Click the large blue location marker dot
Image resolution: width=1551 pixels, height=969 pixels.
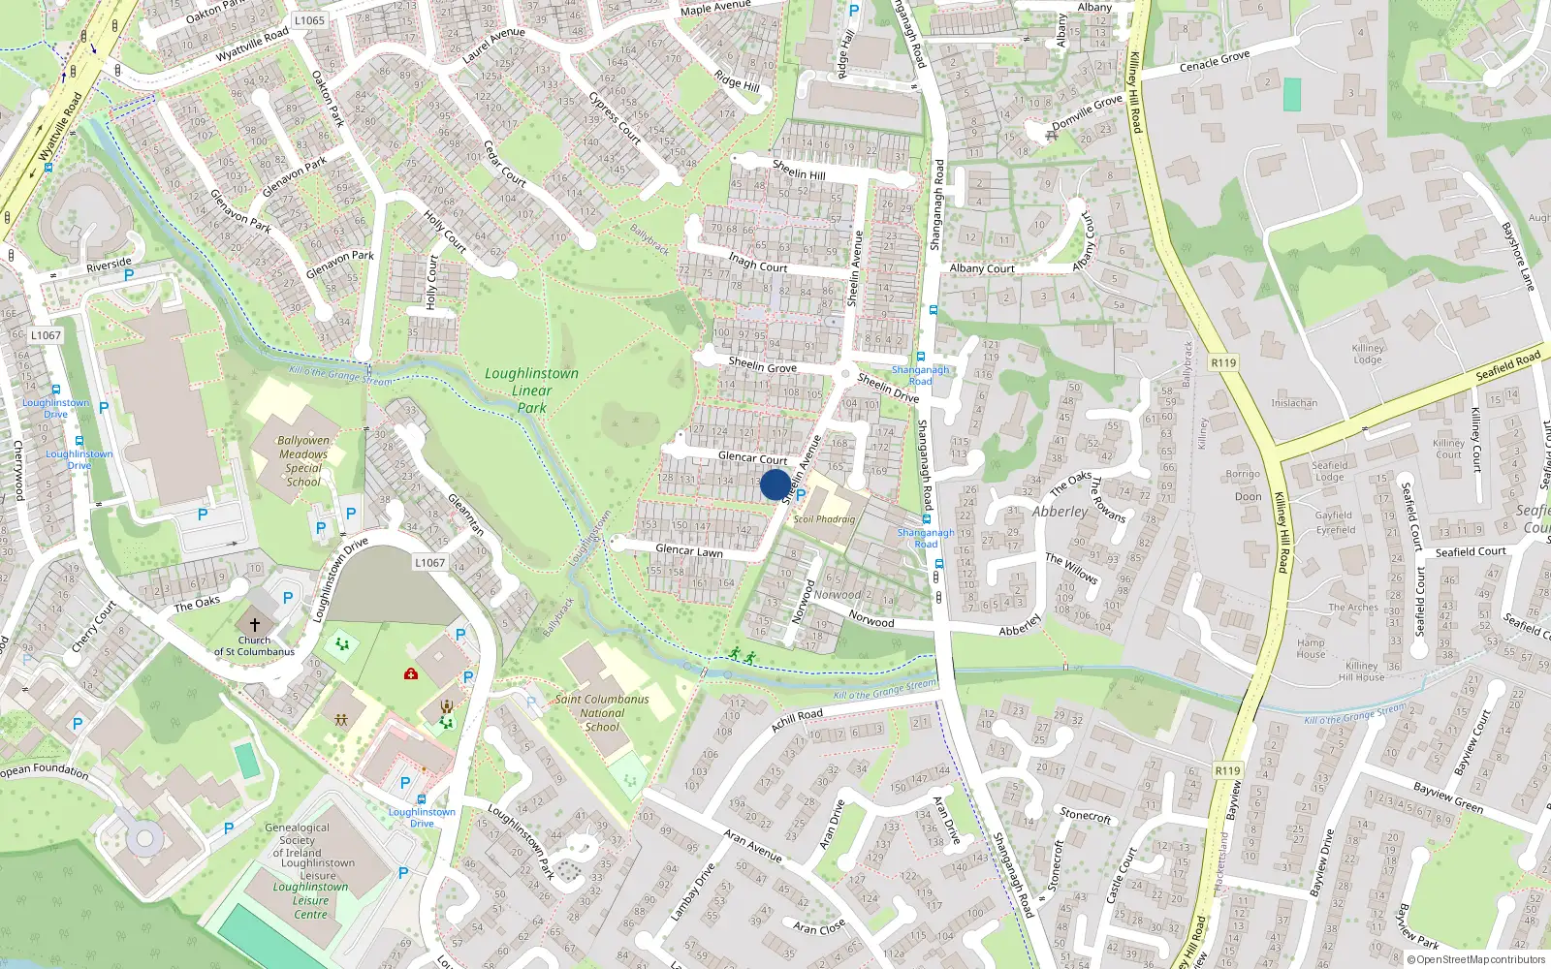coord(775,484)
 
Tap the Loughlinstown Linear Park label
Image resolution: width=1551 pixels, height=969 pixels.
coord(531,391)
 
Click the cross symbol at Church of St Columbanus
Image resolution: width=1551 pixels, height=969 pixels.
coord(255,626)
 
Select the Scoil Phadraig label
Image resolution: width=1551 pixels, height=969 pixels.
coord(824,519)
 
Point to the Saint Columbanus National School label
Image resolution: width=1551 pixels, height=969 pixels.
coord(602,712)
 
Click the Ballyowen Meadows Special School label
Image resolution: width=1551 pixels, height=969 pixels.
coord(302,460)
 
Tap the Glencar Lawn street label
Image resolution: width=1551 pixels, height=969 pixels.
coord(688,550)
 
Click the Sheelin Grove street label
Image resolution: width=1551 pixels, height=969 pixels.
coord(762,365)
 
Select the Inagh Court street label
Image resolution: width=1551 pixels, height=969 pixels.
coord(757,263)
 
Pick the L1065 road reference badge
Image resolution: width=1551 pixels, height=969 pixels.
coord(309,20)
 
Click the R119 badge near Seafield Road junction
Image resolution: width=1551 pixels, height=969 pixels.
coord(1223,362)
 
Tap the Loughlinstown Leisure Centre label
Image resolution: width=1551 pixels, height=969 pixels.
coord(310,900)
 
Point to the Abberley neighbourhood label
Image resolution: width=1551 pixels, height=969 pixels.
coord(1060,512)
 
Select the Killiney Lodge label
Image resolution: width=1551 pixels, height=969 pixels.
coord(1368,354)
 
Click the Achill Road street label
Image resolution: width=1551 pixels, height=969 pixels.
coord(797,720)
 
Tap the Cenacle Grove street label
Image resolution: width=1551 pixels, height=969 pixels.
coord(1215,62)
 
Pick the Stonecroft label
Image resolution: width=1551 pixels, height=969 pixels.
coord(1085,815)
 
